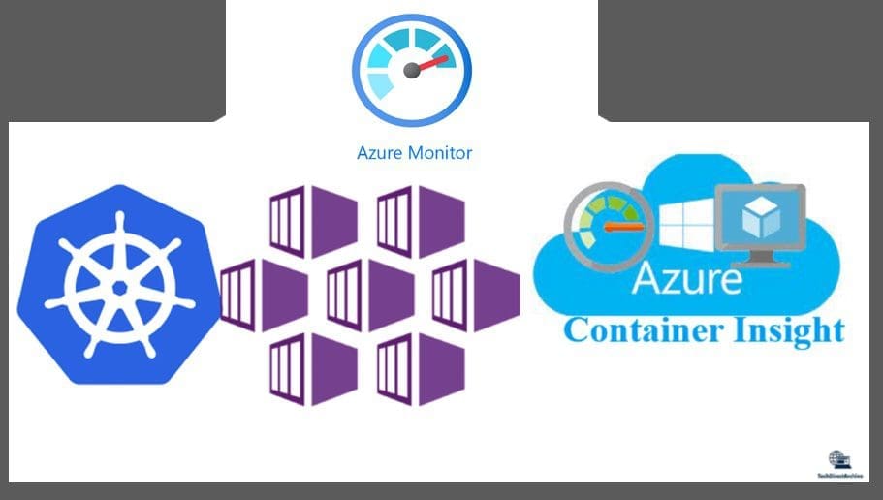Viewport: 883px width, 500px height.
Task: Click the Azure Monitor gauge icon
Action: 412,70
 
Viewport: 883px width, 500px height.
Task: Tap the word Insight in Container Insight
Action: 784,329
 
